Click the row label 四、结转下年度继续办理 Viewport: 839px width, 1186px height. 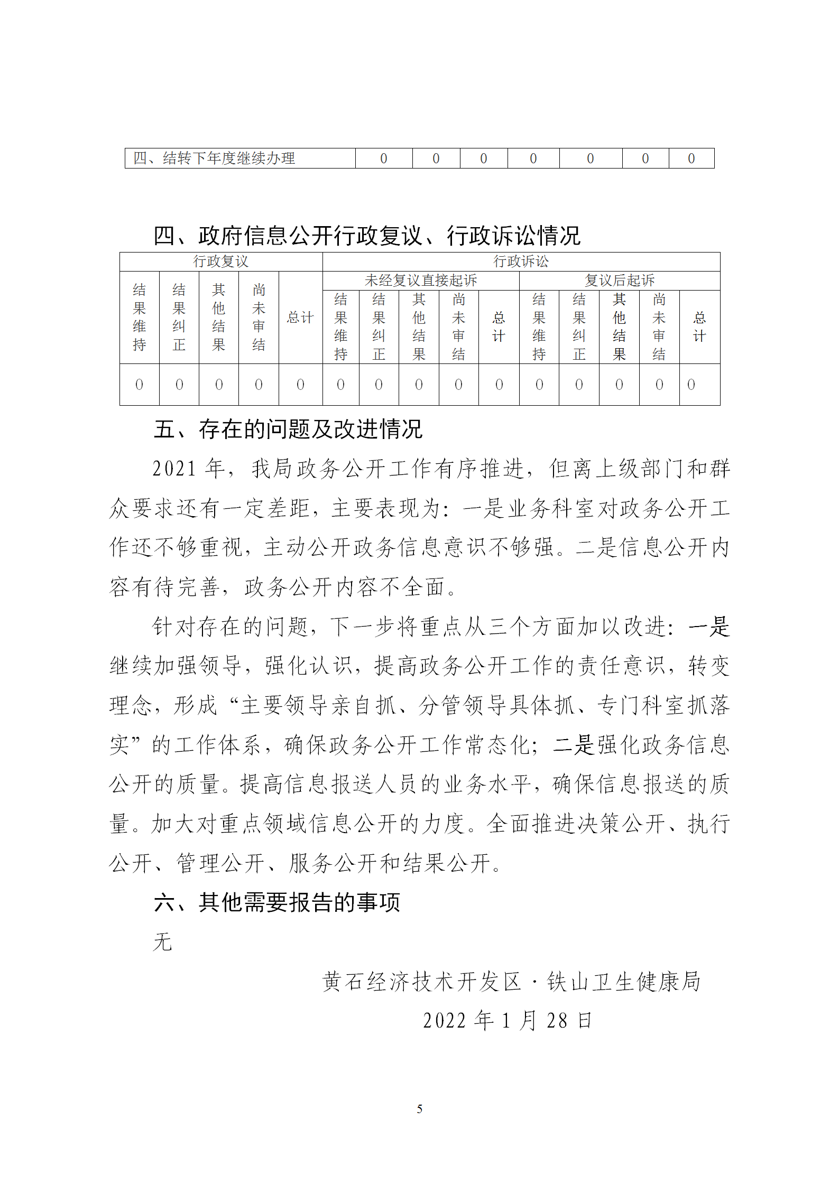(214, 158)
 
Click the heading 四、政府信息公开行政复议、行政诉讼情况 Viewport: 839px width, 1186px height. (367, 236)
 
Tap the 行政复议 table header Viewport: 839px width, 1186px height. (220, 262)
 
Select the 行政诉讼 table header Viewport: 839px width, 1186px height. (521, 262)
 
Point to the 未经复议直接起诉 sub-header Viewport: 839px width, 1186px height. (420, 281)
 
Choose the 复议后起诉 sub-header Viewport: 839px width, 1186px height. (619, 281)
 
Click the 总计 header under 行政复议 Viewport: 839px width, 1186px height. (300, 317)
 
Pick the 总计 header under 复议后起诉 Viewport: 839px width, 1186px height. (699, 326)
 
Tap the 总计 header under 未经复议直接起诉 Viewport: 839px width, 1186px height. (499, 326)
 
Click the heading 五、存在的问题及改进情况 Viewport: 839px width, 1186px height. (288, 429)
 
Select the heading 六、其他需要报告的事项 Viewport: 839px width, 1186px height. (277, 902)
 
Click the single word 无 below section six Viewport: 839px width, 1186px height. (163, 942)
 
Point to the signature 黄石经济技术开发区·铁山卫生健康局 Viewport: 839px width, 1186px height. (511, 982)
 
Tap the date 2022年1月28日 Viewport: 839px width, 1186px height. (508, 1021)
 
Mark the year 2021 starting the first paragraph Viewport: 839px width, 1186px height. (174, 469)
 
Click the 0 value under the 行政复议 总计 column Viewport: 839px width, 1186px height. (300, 385)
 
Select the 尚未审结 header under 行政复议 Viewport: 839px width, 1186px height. (259, 317)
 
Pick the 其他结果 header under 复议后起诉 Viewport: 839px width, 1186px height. (619, 326)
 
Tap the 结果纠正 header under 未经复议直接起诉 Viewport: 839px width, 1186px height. (379, 326)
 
